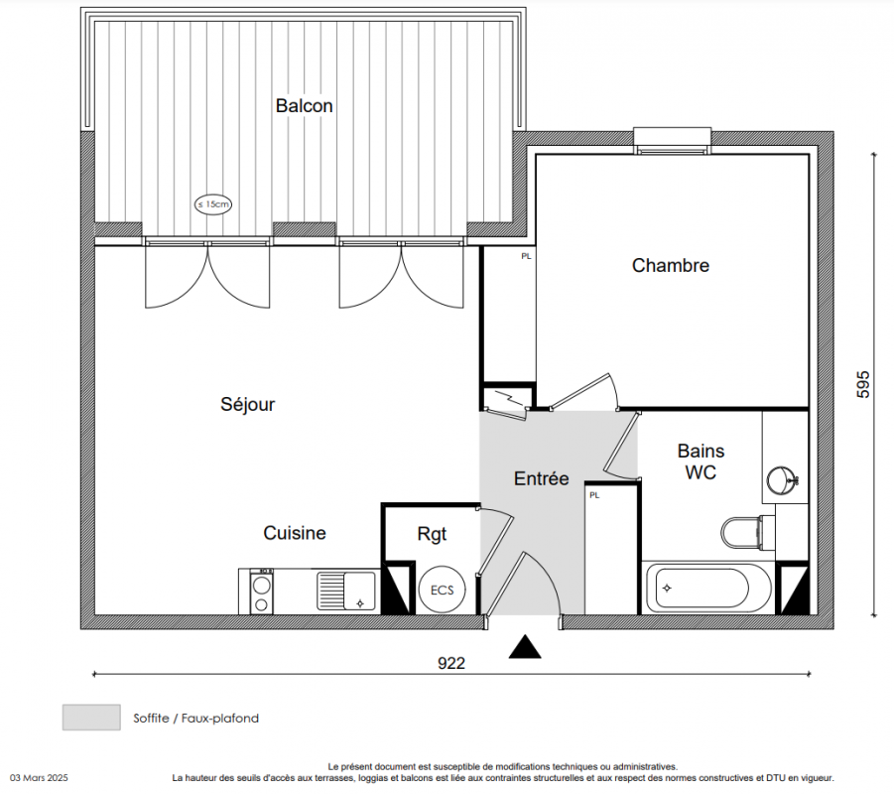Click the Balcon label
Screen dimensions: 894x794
pyautogui.click(x=304, y=105)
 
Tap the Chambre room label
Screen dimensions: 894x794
pyautogui.click(x=671, y=265)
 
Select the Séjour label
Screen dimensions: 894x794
pyautogui.click(x=247, y=404)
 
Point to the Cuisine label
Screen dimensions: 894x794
pyautogui.click(x=295, y=533)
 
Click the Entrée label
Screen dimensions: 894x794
pyautogui.click(x=541, y=478)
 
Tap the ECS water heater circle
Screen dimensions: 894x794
pyautogui.click(x=442, y=590)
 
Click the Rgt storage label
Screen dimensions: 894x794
pyautogui.click(x=432, y=535)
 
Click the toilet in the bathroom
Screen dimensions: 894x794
pyautogui.click(x=747, y=533)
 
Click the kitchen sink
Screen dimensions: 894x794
pyautogui.click(x=346, y=591)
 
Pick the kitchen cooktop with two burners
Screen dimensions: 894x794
pyautogui.click(x=261, y=592)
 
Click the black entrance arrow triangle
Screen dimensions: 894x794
pyautogui.click(x=525, y=647)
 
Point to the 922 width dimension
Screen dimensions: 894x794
pyautogui.click(x=451, y=663)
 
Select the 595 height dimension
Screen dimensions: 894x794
pyautogui.click(x=862, y=384)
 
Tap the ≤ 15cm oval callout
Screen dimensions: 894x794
pyautogui.click(x=213, y=204)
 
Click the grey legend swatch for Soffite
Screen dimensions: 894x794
pyautogui.click(x=91, y=718)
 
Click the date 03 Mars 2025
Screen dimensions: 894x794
pyautogui.click(x=39, y=778)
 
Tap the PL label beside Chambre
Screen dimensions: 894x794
pyautogui.click(x=526, y=257)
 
